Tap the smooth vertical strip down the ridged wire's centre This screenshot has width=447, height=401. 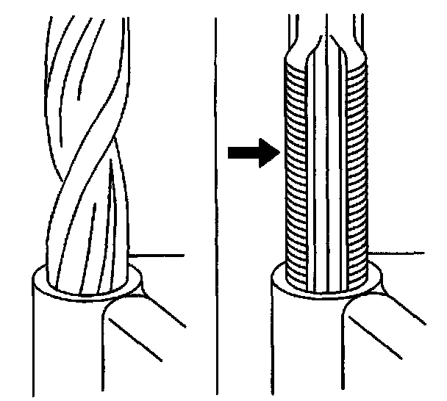[328, 176]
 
